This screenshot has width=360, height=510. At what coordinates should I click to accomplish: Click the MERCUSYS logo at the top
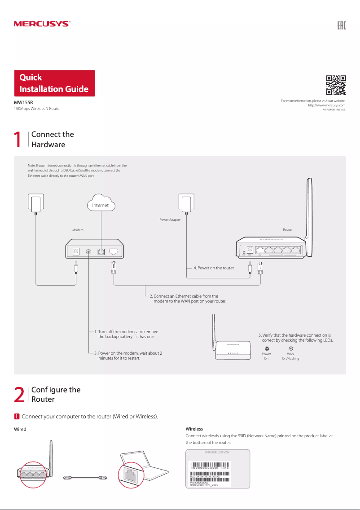42,24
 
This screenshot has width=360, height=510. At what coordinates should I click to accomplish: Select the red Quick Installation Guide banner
54,83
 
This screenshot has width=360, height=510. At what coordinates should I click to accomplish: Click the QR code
336,85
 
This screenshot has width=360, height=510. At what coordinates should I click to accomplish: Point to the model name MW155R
21,103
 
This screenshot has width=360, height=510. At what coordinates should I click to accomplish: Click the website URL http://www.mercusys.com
326,105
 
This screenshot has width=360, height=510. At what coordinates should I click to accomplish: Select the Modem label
78,229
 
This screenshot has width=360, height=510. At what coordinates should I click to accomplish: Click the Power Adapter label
170,220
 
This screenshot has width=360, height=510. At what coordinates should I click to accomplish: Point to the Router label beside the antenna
288,229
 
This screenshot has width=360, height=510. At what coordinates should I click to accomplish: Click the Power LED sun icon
267,349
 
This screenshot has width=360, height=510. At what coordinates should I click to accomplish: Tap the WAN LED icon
290,349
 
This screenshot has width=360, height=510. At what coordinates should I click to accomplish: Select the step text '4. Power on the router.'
214,268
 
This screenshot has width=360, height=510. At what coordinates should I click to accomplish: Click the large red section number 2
19,395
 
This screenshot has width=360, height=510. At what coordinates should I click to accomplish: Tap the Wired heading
21,429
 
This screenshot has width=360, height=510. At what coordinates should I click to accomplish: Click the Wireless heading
194,429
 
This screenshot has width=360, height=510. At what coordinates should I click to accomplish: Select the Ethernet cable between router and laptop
85,477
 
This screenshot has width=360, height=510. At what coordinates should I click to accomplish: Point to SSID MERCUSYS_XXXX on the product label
204,485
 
